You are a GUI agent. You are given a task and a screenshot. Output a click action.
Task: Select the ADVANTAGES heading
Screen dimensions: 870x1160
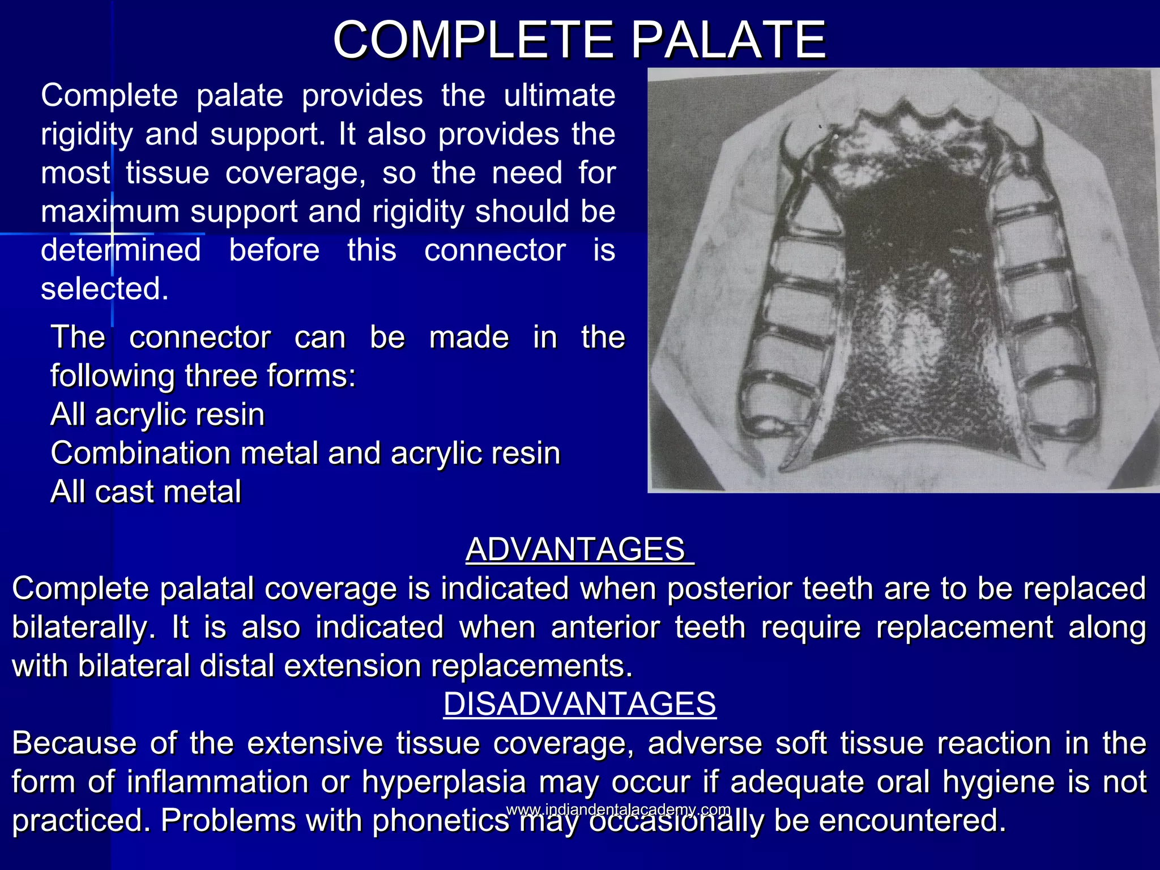579,549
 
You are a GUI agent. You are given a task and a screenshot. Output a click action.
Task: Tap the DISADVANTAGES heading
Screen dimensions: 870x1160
579,703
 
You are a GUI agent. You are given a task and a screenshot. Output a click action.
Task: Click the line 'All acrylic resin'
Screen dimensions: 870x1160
157,414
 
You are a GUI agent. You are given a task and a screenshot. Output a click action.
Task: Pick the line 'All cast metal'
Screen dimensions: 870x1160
146,491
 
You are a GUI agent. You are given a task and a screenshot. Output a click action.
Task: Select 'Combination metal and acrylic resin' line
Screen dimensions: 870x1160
305,453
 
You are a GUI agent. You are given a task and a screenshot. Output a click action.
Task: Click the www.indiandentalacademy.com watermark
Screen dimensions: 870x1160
618,809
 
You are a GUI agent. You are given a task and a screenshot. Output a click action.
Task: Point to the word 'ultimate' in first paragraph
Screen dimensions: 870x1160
559,95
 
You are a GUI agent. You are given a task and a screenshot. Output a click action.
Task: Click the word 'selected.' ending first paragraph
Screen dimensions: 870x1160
105,289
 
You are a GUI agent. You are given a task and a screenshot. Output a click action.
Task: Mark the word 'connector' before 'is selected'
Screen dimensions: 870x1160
494,250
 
